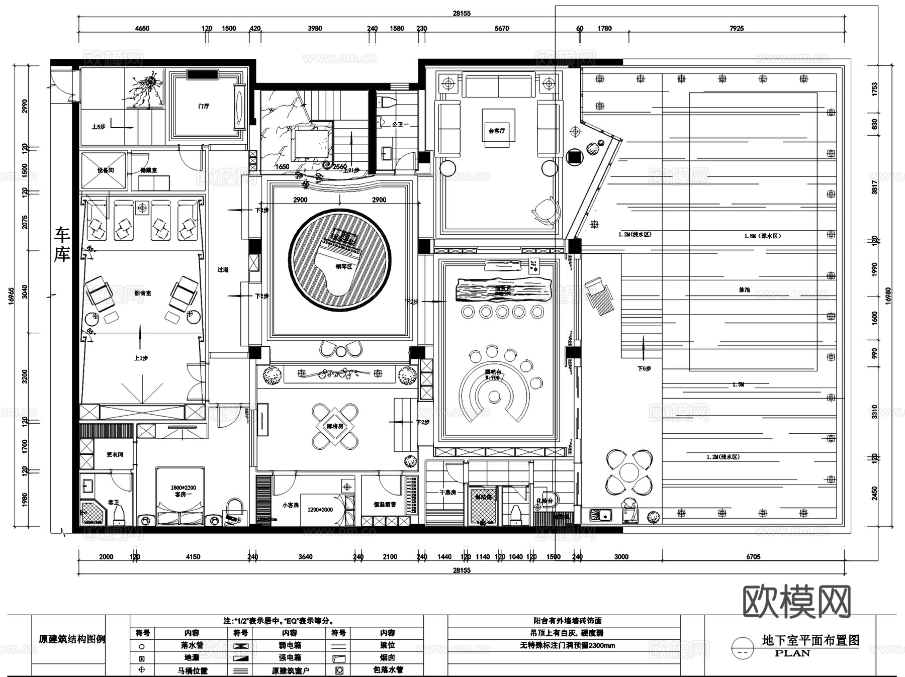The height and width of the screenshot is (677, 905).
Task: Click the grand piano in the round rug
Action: click(x=341, y=261)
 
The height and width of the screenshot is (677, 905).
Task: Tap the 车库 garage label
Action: click(x=62, y=244)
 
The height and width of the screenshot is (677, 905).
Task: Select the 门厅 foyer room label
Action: click(x=204, y=106)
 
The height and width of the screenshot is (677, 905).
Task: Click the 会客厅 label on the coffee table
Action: click(x=496, y=131)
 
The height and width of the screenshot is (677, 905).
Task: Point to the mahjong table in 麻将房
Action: click(x=335, y=426)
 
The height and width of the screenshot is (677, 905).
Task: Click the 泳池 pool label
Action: click(x=745, y=290)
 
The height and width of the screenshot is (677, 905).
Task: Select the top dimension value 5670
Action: click(x=501, y=29)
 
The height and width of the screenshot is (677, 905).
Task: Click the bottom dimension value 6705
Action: click(x=753, y=556)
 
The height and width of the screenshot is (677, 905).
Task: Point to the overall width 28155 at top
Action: click(x=461, y=14)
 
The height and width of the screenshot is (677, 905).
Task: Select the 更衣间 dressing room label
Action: click(x=115, y=454)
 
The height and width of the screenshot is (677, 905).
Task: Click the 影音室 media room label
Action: click(x=142, y=293)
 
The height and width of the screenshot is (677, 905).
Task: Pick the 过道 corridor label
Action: click(x=223, y=270)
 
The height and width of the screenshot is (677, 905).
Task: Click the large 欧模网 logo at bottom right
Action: click(x=796, y=602)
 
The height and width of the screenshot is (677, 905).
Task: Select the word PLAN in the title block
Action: click(x=792, y=653)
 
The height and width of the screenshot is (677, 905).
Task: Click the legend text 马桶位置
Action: click(x=192, y=670)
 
